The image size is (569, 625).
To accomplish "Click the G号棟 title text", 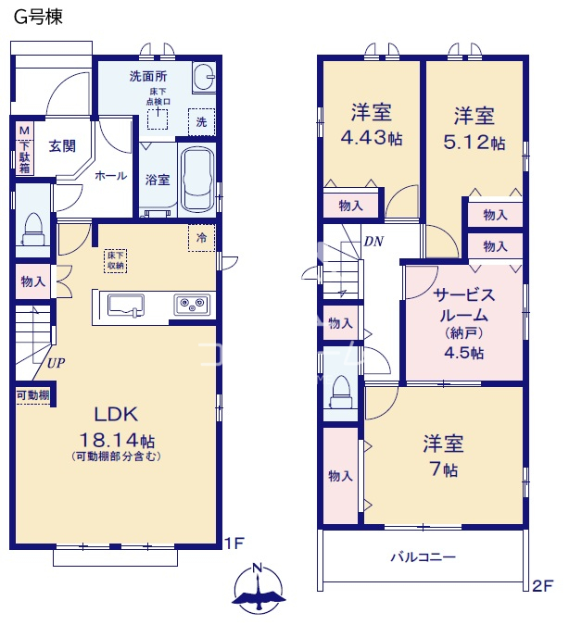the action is click(x=38, y=18).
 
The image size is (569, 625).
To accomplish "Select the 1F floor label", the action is click(x=234, y=543).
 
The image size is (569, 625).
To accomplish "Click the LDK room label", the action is click(x=116, y=415).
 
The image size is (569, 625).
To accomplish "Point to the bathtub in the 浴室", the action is click(x=198, y=181).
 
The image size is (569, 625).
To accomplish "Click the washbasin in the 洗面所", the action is click(x=204, y=78).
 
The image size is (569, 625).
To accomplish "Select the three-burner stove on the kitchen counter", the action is click(x=192, y=305).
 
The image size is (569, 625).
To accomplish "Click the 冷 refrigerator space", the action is click(x=201, y=238).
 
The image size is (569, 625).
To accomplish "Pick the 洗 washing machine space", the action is click(x=201, y=122).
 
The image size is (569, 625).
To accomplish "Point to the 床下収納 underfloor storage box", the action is click(x=116, y=261).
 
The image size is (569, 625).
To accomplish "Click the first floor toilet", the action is click(x=32, y=229).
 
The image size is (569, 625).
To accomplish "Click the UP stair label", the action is click(x=56, y=363).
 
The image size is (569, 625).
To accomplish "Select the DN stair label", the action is click(x=373, y=241).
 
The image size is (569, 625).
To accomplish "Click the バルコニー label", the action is click(x=423, y=556).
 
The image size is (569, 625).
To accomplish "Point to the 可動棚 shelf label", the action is click(x=33, y=395).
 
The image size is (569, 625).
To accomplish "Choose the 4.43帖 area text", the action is click(x=372, y=138).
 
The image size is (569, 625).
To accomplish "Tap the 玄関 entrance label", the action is click(x=62, y=146).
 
